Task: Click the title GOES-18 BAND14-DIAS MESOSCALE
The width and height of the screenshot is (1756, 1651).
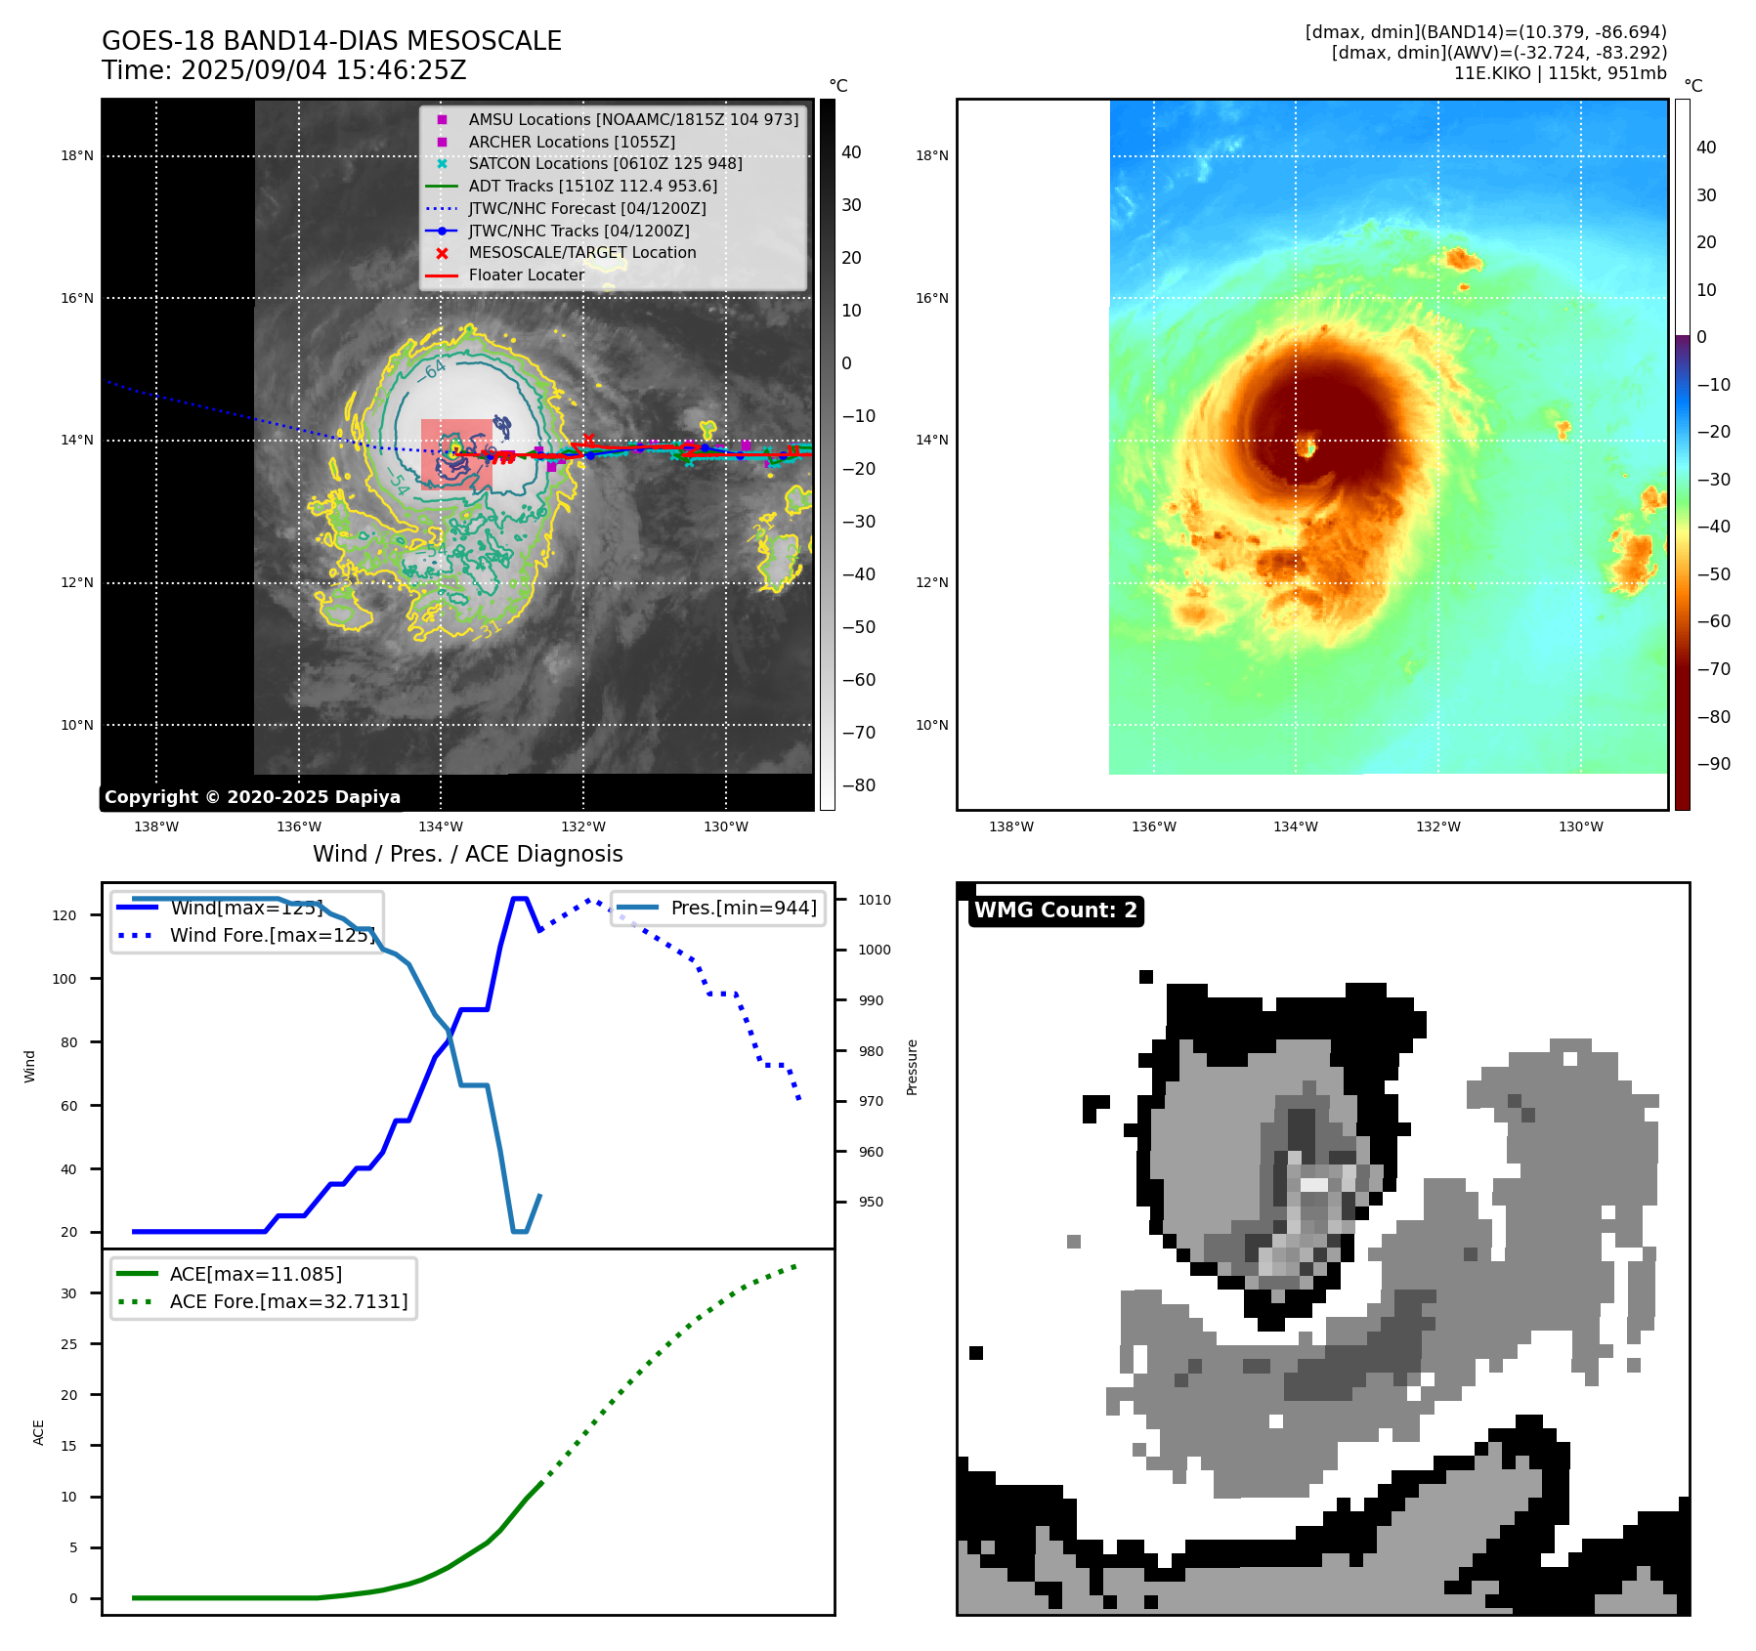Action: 331,41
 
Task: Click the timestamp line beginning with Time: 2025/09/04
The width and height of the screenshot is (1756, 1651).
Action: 284,70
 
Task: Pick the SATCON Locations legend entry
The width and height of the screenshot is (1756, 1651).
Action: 605,163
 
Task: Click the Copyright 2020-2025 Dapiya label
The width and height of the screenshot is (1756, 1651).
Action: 252,797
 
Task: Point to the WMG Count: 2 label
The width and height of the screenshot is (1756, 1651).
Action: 1055,910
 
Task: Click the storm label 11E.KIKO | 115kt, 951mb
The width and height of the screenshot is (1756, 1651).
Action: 1560,73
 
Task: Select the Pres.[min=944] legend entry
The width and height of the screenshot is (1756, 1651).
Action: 744,908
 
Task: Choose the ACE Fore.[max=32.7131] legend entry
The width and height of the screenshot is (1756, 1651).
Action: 288,1301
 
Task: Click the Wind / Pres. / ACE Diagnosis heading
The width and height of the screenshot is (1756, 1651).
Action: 467,854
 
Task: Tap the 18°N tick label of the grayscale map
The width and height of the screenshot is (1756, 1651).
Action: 77,155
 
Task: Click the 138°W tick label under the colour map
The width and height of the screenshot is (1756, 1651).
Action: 1010,826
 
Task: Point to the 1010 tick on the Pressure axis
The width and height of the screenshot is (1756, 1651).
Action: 875,900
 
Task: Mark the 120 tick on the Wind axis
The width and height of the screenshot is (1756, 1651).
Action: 64,915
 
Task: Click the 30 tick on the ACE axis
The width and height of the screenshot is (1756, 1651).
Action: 68,1293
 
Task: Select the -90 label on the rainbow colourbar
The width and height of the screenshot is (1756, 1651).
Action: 1713,764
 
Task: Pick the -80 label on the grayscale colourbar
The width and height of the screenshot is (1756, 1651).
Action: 859,785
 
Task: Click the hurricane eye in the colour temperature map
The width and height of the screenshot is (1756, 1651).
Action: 1306,448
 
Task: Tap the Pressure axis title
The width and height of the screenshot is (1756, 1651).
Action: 912,1067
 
